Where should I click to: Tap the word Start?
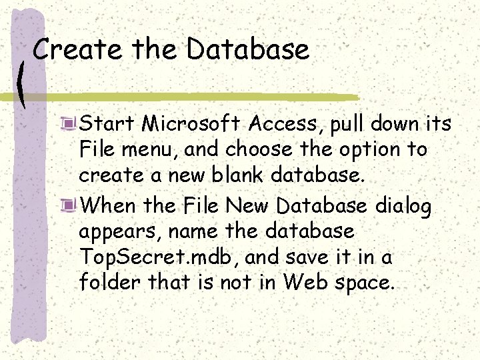(x=107, y=123)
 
